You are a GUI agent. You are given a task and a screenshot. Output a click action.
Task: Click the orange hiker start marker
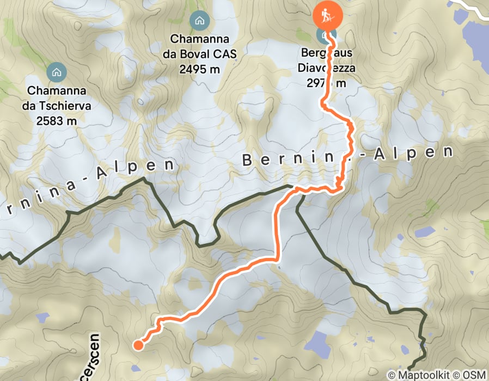click(x=327, y=16)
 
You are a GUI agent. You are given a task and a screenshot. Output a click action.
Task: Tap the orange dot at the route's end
click(x=138, y=344)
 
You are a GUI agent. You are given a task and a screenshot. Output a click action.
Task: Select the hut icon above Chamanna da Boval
click(x=199, y=21)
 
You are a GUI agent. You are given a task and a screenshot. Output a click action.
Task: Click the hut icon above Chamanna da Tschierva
click(x=56, y=71)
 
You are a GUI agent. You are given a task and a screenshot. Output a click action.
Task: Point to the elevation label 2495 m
click(x=199, y=69)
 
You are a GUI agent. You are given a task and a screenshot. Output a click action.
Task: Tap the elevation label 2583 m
click(x=56, y=120)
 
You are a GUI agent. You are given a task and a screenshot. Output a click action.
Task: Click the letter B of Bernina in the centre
click(x=248, y=161)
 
